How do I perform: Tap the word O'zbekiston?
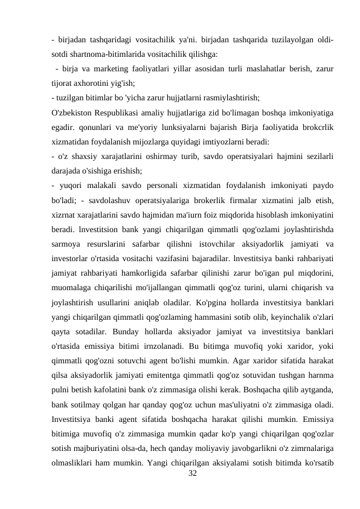pyautogui.click(x=74, y=112)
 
